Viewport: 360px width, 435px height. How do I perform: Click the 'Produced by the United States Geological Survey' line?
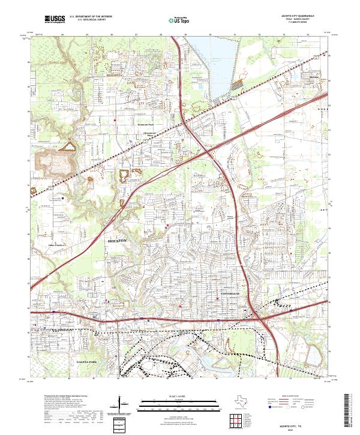tap(62, 396)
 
